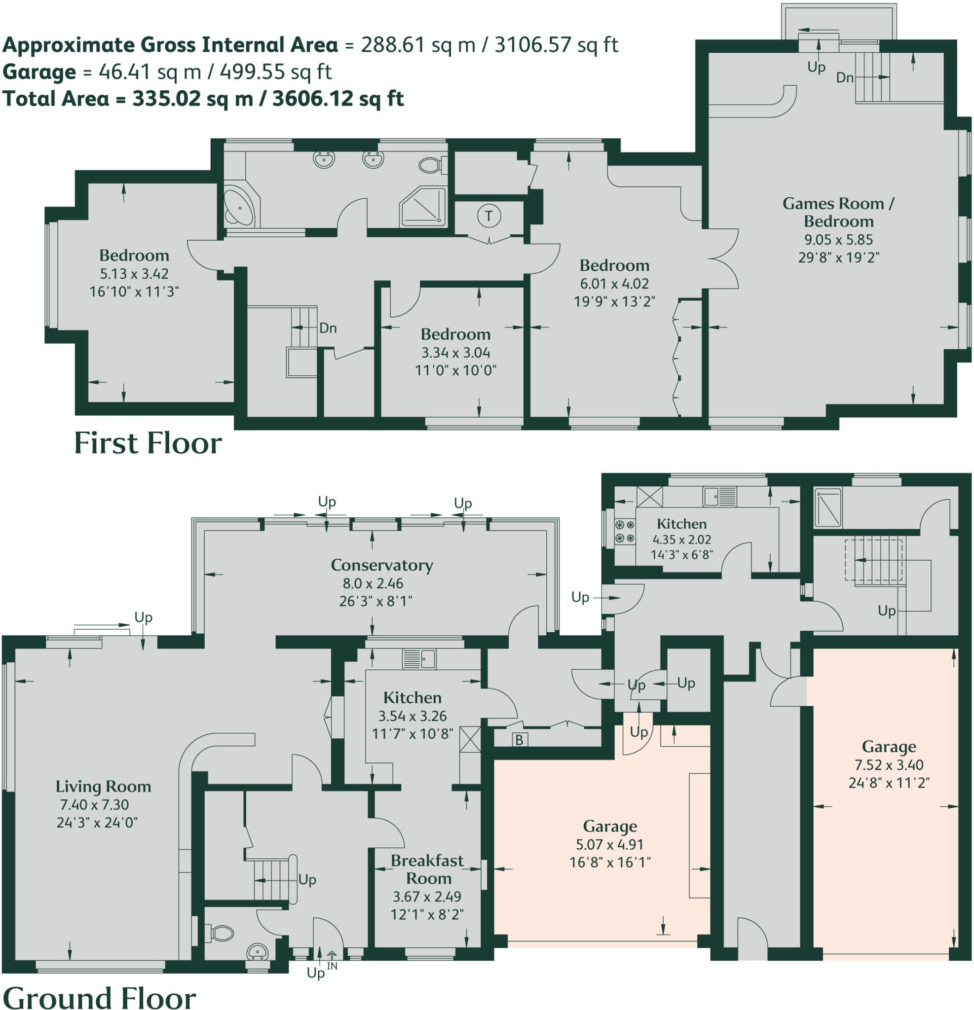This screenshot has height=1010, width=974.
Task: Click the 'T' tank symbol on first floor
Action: (x=488, y=216)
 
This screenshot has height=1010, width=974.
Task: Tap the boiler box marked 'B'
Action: (x=519, y=740)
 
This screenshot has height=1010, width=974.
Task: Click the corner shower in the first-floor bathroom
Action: (x=423, y=207)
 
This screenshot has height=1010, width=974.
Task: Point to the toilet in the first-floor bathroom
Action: (x=429, y=165)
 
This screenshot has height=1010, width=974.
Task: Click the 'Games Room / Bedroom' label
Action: (x=838, y=212)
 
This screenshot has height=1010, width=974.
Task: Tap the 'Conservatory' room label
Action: (x=381, y=565)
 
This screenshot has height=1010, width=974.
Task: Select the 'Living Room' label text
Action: (x=103, y=787)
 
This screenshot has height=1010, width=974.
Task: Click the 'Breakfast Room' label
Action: (x=427, y=869)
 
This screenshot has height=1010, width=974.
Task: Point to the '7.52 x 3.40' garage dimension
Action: (x=889, y=765)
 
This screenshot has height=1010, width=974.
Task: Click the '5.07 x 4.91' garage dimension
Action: (x=609, y=844)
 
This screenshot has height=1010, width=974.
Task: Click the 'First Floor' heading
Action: (x=148, y=443)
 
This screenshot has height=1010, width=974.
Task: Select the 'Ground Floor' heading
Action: (x=99, y=998)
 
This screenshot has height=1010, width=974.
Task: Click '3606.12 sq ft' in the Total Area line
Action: (x=337, y=99)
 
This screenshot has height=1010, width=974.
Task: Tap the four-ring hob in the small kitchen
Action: (x=624, y=532)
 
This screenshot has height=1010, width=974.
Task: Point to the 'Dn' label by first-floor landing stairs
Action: (x=328, y=328)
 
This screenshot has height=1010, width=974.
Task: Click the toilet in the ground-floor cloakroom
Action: (x=221, y=933)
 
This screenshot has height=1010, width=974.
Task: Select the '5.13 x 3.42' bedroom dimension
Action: (x=134, y=274)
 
